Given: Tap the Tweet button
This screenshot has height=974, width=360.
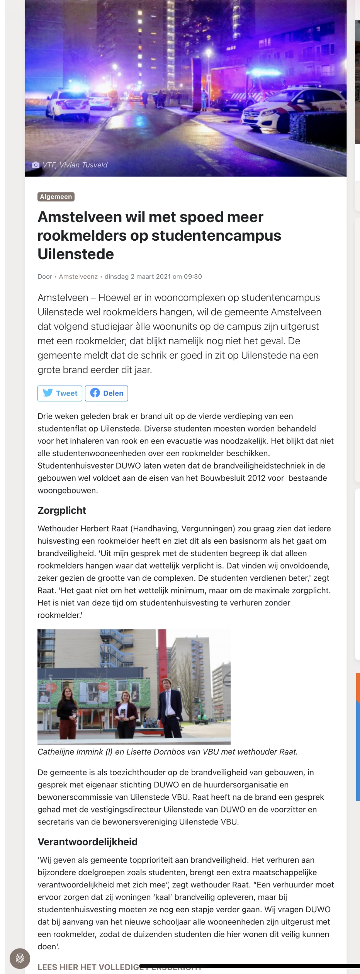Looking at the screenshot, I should coord(60,393).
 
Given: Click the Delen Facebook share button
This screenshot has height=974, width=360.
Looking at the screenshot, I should coord(107,393).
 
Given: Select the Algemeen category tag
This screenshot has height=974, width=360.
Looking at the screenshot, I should coord(56,197).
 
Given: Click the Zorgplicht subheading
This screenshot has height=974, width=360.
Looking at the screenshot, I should coord(62,510).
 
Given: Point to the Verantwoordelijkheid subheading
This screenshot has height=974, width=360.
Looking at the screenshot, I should coord(88,842).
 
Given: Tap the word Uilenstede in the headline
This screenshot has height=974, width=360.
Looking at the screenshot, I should coord(76,254).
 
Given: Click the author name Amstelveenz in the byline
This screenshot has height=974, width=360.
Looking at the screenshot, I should coord(78,277).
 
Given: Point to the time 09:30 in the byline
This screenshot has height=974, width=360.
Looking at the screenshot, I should coord(193,277).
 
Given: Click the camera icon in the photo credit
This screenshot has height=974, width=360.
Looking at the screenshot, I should coord(36,165).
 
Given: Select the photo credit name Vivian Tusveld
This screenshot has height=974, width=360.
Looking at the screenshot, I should coord(83,165).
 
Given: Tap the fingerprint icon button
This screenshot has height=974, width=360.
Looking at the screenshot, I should coord(20,959).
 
